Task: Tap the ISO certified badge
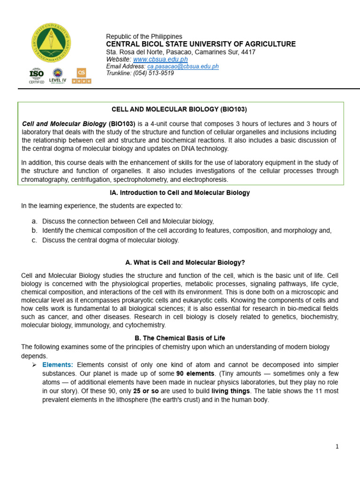pyautogui.click(x=37, y=75)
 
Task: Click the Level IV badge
pyautogui.click(x=58, y=75)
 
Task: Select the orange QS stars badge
pyautogui.click(x=82, y=75)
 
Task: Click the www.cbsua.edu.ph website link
pyautogui.click(x=160, y=60)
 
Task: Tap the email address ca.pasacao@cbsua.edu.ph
pyautogui.click(x=183, y=67)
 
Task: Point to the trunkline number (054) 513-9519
pyautogui.click(x=153, y=73)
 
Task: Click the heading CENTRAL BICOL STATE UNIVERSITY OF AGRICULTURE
pyautogui.click(x=201, y=44)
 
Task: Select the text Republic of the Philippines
pyautogui.click(x=144, y=37)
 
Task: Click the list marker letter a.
pyautogui.click(x=34, y=221)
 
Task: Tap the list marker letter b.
pyautogui.click(x=34, y=231)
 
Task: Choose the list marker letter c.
pyautogui.click(x=34, y=240)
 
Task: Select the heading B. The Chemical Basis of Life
pyautogui.click(x=180, y=338)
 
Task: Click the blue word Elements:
pyautogui.click(x=58, y=365)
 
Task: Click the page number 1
pyautogui.click(x=337, y=447)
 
